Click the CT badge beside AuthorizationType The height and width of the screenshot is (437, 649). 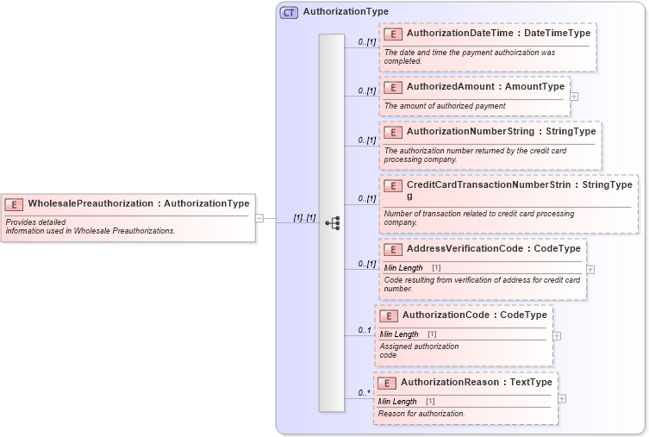pos(289,12)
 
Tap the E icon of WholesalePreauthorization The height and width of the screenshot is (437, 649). pos(14,204)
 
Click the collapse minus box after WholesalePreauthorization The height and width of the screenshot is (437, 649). pos(259,218)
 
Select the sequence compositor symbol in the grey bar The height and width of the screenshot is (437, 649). pos(332,222)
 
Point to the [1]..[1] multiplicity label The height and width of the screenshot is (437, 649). pos(304,218)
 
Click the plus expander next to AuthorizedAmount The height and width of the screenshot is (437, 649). pos(574,96)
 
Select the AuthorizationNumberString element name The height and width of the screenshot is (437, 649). pos(470,132)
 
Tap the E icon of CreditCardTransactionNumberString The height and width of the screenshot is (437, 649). pos(392,185)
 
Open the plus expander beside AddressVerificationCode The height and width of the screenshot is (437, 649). pos(590,270)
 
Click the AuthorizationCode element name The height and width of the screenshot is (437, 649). pos(444,315)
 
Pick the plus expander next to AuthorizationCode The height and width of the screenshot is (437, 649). pos(557,335)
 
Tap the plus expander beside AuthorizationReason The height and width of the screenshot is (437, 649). pos(562,398)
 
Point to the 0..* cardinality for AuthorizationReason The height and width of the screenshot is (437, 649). pos(365,393)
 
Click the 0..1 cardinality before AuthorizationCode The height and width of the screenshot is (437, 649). pos(365,330)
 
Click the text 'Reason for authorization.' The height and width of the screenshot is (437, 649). pos(421,414)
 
